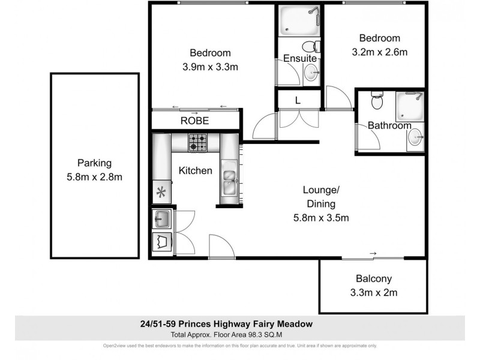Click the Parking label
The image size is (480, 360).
(x=94, y=163)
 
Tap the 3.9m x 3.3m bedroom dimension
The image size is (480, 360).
(x=210, y=67)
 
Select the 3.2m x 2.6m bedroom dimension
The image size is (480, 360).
(x=379, y=52)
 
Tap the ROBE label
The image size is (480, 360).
(x=195, y=121)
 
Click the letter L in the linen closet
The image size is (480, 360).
(x=298, y=100)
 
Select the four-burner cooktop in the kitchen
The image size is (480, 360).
(x=198, y=142)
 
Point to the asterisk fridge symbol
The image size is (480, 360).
(x=161, y=193)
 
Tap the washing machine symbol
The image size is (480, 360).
(x=161, y=242)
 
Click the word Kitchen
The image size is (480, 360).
(x=196, y=170)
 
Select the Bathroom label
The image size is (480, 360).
(x=389, y=125)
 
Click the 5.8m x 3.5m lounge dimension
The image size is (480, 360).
(x=321, y=218)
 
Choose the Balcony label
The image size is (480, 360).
(x=373, y=278)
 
